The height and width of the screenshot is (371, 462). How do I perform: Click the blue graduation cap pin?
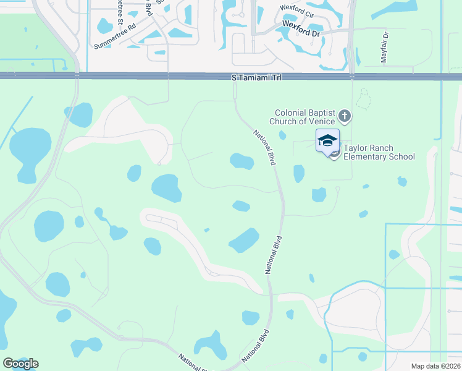[327, 140]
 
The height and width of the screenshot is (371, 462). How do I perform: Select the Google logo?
[20, 364]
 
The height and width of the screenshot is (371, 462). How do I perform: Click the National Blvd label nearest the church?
[264, 147]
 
